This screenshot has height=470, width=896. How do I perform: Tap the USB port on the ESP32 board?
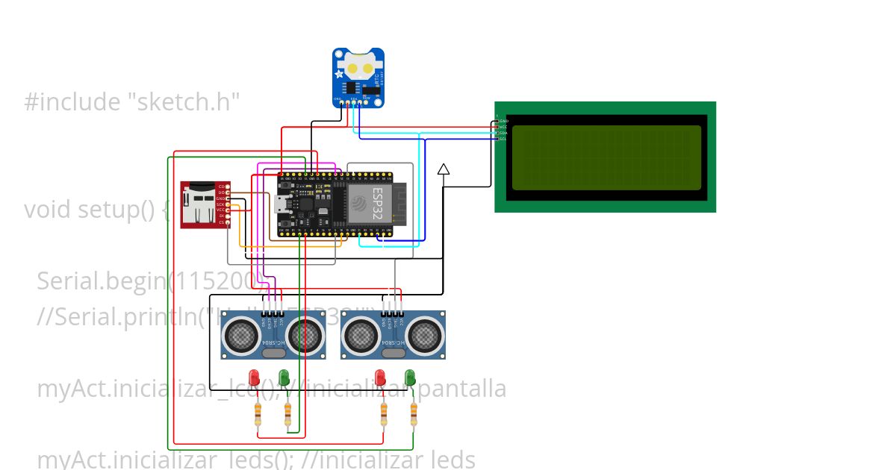coord(280,203)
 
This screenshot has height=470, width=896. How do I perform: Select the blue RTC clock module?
coord(358,78)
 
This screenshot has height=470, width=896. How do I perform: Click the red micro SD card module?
coord(203,204)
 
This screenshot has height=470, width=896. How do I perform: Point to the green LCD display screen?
coord(606,157)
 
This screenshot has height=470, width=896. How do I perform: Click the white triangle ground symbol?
coord(444,169)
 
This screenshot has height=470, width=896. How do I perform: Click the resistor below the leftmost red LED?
coord(258,413)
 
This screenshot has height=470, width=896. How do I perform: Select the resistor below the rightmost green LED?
coord(414,413)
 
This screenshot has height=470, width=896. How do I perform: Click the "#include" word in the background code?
coord(68,102)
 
